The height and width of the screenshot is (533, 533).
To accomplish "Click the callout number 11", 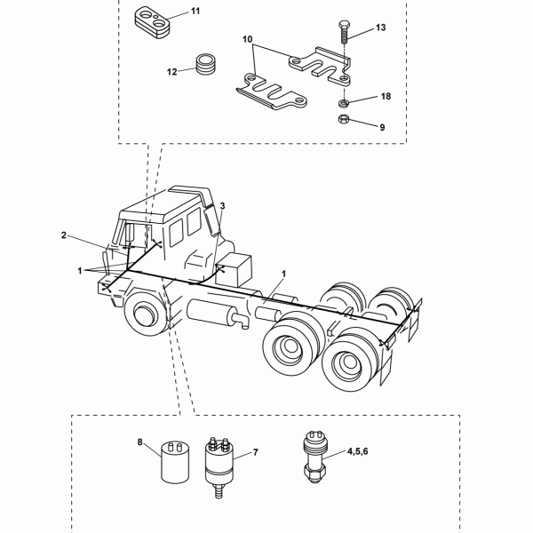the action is point(195,12).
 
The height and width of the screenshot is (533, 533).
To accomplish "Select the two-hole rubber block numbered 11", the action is point(152,21).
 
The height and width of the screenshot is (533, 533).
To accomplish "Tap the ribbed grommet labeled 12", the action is point(206,65).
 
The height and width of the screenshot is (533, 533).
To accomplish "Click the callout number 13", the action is point(381,28).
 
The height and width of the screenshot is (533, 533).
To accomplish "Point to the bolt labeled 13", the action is point(344,32).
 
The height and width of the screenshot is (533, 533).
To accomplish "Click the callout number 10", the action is point(248,39).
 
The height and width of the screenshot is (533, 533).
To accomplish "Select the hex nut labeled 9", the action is point(344,119).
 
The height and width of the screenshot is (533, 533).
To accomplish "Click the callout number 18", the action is point(386,97).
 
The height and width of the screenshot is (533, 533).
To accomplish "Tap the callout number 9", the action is point(382,127).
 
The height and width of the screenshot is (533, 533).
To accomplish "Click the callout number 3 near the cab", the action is point(223,206).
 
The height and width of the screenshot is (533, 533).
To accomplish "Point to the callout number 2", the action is point(64,235).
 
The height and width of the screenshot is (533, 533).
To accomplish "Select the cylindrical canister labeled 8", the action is point(175,461).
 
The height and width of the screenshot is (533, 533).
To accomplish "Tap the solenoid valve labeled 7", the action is point(219,467).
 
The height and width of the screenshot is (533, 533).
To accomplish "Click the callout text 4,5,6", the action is point(358,451).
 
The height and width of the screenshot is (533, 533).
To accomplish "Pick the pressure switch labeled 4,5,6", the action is point(314,457).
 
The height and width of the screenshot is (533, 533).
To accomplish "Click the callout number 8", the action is point(140,442).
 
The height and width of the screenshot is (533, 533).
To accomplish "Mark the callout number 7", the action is point(256,452).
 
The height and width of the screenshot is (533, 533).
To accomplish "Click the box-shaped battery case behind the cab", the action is point(235,269).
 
